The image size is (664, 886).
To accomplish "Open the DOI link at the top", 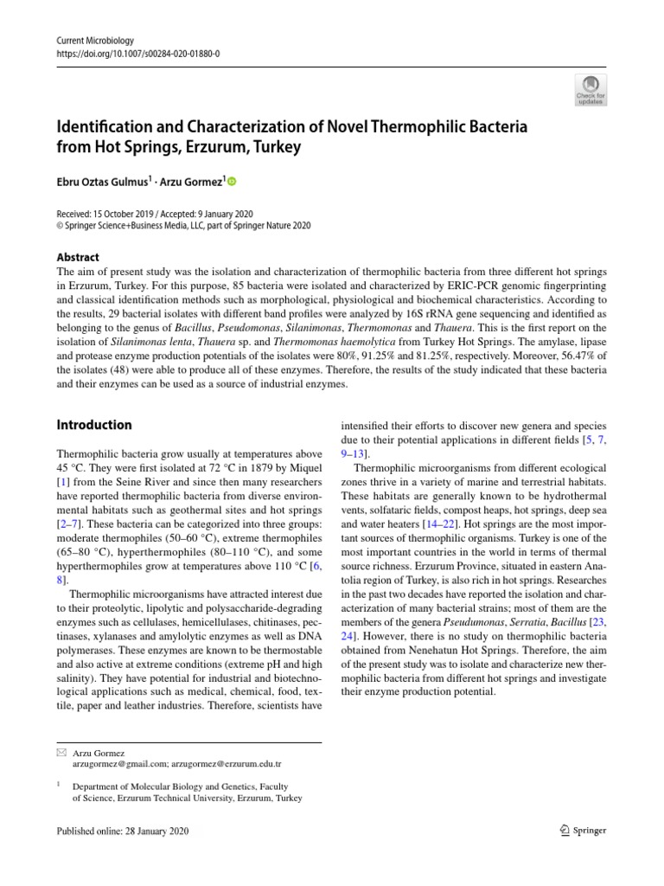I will [x=137, y=53].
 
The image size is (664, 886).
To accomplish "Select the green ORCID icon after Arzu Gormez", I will [x=231, y=182].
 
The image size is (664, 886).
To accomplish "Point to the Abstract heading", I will [x=78, y=257].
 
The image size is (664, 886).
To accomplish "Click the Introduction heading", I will [x=94, y=425].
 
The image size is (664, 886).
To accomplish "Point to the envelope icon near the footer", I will [x=60, y=754].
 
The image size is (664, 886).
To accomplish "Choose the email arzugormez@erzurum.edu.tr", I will [x=238, y=766].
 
